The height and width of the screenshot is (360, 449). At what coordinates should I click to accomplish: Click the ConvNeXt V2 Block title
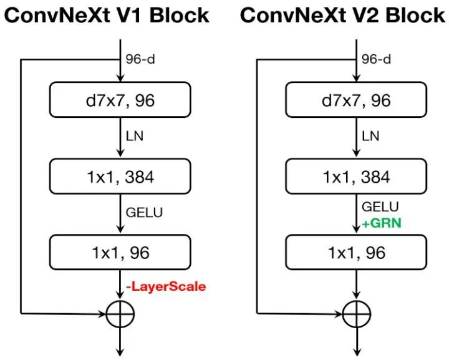point(342,14)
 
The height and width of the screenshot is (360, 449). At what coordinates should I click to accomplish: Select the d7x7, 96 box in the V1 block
point(120,100)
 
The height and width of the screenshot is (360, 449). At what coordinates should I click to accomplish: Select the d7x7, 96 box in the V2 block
point(356,100)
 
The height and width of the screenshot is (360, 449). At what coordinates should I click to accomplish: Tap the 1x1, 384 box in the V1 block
point(120,177)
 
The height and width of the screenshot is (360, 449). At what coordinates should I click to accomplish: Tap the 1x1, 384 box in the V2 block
point(356,177)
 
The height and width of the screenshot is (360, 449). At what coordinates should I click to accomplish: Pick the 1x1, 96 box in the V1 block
point(120,253)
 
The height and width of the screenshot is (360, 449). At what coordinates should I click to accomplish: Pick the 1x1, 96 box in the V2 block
point(356,253)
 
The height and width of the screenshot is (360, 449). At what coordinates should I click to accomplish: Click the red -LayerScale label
point(167,286)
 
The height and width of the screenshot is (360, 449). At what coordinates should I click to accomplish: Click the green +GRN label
point(381,221)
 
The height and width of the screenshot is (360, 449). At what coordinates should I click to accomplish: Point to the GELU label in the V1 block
point(144,212)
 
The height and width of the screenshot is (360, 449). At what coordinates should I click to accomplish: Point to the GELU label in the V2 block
point(380,207)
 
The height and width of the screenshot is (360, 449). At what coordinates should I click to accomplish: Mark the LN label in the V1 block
point(135,136)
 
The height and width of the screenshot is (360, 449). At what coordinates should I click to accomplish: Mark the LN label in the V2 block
point(370,136)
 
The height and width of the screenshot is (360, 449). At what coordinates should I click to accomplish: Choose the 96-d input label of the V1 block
point(140,59)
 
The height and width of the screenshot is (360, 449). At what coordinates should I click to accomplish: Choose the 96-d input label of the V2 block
point(376,59)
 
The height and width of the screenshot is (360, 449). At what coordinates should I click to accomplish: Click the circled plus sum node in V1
point(120,314)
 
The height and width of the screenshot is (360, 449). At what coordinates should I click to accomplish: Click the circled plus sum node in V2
point(356,314)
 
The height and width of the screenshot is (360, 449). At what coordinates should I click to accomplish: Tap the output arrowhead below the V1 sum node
point(120,350)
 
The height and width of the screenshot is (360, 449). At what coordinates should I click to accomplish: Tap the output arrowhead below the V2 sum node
point(356,350)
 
